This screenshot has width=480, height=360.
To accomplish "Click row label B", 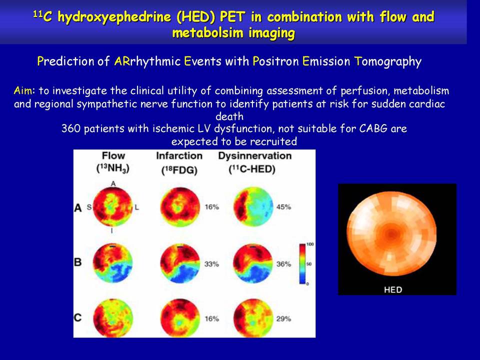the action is tap(78, 262).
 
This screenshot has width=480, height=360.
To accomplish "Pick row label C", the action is tap(78, 317).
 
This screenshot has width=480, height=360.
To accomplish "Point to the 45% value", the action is tap(283, 207).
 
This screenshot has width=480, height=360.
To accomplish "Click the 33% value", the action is tap(212, 264).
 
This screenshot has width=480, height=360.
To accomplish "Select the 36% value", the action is tap(283, 264).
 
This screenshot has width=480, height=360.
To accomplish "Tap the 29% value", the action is tap(283, 318).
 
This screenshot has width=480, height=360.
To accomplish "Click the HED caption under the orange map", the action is tap(393, 289).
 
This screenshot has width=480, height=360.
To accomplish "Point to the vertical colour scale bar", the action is tap(302, 263).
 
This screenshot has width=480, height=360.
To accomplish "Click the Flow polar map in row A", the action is tap(112, 207).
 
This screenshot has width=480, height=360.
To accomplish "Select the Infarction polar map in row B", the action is tap(180, 263).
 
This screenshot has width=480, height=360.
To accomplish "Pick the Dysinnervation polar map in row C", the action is tap(253, 318).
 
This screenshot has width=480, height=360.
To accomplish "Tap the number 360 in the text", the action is tap(71, 128).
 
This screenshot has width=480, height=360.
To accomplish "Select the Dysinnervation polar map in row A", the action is tap(253, 207).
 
